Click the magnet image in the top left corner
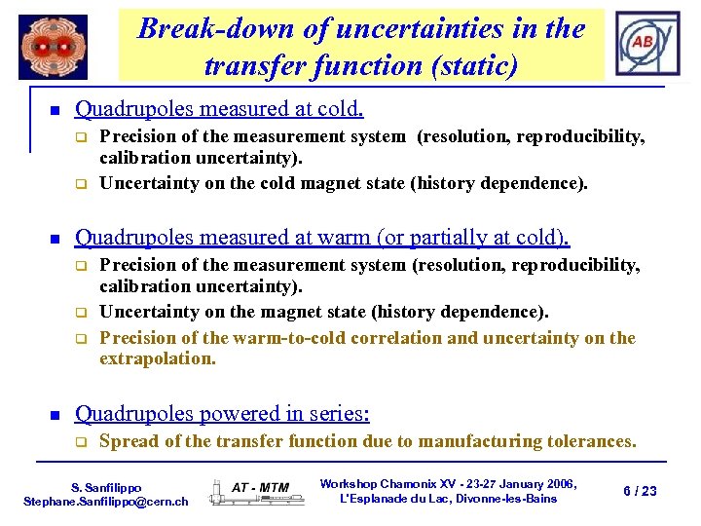coord(53,47)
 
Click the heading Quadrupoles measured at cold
coord(219,108)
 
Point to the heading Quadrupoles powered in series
coord(222,414)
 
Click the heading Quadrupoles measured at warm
coord(322,237)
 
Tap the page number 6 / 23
coord(640,491)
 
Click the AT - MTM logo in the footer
coord(260,488)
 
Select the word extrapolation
coord(158,358)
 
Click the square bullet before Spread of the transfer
coord(83,442)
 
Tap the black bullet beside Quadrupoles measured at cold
coord(55,109)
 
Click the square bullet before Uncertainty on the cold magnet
coord(83,184)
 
